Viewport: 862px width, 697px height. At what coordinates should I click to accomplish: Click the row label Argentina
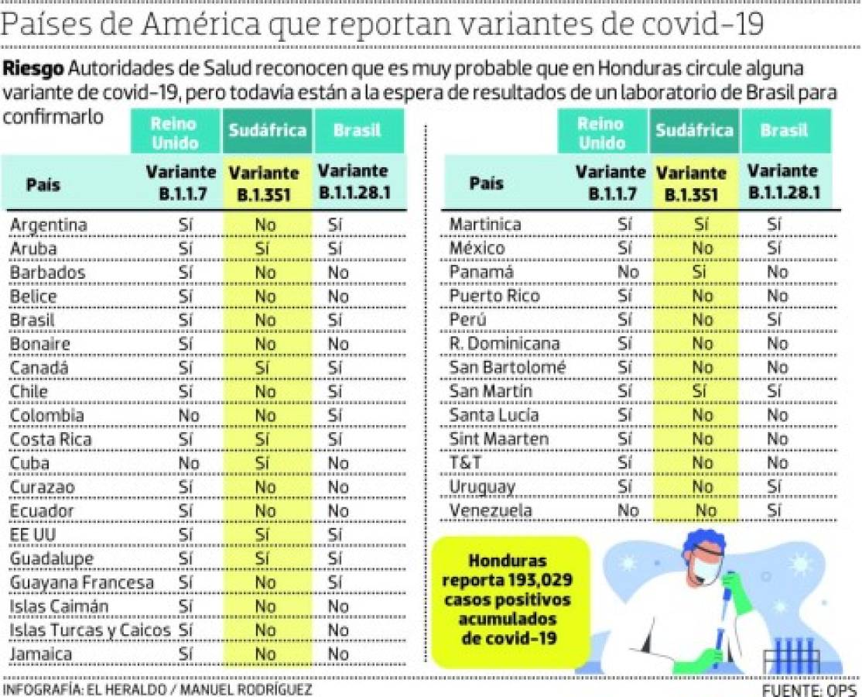pos(48,225)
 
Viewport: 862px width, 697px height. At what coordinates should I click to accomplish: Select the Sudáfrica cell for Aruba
pos(265,249)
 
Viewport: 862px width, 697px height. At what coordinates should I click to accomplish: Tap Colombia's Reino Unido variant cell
pos(186,416)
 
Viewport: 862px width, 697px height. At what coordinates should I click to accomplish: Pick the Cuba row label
pos(30,463)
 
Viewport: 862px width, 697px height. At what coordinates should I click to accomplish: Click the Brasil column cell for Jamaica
pos(338,654)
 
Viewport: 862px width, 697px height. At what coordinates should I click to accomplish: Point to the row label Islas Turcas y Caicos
pos(89,630)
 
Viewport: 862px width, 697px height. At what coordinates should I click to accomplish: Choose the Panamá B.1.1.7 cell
pos(628,272)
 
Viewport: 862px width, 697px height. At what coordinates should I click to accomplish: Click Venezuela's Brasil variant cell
pos(775,510)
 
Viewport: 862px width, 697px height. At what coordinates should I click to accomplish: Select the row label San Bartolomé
pos(508,367)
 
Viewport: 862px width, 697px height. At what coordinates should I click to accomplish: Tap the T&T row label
pos(466,462)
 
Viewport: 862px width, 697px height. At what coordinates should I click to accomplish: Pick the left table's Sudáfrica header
pos(268,130)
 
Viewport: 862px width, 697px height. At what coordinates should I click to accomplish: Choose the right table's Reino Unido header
pos(601,132)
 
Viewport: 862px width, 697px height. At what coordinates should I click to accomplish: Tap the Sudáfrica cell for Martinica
pos(701,225)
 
